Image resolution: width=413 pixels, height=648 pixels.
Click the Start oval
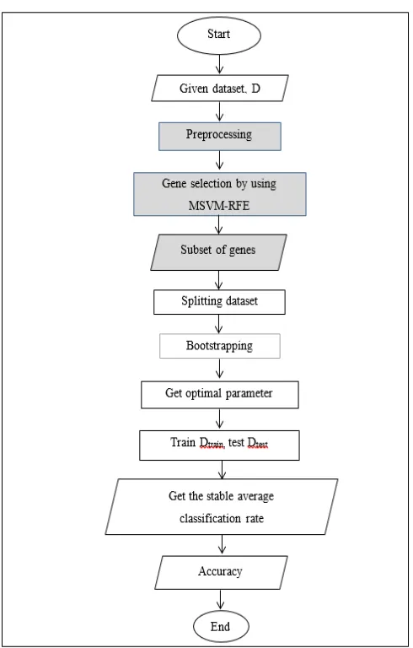click(219, 35)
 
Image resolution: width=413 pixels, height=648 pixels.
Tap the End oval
click(221, 626)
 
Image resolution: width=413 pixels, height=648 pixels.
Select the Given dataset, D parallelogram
click(220, 88)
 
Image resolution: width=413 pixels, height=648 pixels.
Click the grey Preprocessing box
click(220, 137)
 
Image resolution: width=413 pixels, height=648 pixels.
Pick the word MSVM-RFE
click(219, 205)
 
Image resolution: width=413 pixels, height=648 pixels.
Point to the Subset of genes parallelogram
click(218, 252)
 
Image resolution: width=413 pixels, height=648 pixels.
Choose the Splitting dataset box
click(219, 302)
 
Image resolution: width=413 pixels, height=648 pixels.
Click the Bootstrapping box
click(220, 346)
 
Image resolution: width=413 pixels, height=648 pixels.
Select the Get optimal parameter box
click(220, 395)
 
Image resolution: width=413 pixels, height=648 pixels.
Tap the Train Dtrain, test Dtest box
click(219, 445)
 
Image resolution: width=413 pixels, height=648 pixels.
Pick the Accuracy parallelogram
click(221, 572)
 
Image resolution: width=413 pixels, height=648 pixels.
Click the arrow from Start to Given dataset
click(219, 64)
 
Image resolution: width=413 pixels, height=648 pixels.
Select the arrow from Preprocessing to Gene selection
click(219, 160)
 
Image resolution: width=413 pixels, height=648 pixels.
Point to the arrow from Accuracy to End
click(221, 600)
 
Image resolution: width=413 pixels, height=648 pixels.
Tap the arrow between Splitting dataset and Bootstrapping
click(219, 324)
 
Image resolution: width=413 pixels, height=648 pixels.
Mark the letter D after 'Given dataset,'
click(255, 89)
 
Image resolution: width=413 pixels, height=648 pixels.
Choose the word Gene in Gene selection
click(174, 183)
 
